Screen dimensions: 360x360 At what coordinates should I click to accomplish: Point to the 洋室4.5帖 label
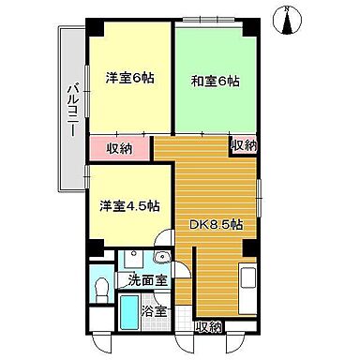point(130,205)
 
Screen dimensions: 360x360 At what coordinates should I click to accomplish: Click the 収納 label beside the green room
point(244,145)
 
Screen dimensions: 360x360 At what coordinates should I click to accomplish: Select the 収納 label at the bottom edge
point(209,326)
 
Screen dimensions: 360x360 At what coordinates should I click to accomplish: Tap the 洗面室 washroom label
point(148,280)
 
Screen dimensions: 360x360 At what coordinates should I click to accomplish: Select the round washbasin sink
point(162,258)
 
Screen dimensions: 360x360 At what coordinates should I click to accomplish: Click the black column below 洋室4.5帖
point(94,248)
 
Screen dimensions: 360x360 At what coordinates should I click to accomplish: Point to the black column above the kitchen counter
point(249,248)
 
